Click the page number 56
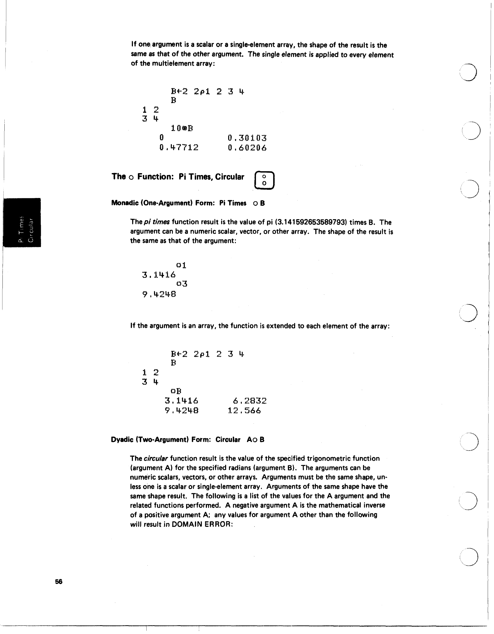[59, 581]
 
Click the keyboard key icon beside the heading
[264, 180]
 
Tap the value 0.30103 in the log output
[247, 138]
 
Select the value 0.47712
[179, 147]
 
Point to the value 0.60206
[247, 148]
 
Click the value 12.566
[244, 411]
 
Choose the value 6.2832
[250, 401]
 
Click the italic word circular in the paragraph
[156, 459]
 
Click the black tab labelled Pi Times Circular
[22, 223]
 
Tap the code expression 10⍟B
[182, 128]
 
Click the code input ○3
[182, 284]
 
